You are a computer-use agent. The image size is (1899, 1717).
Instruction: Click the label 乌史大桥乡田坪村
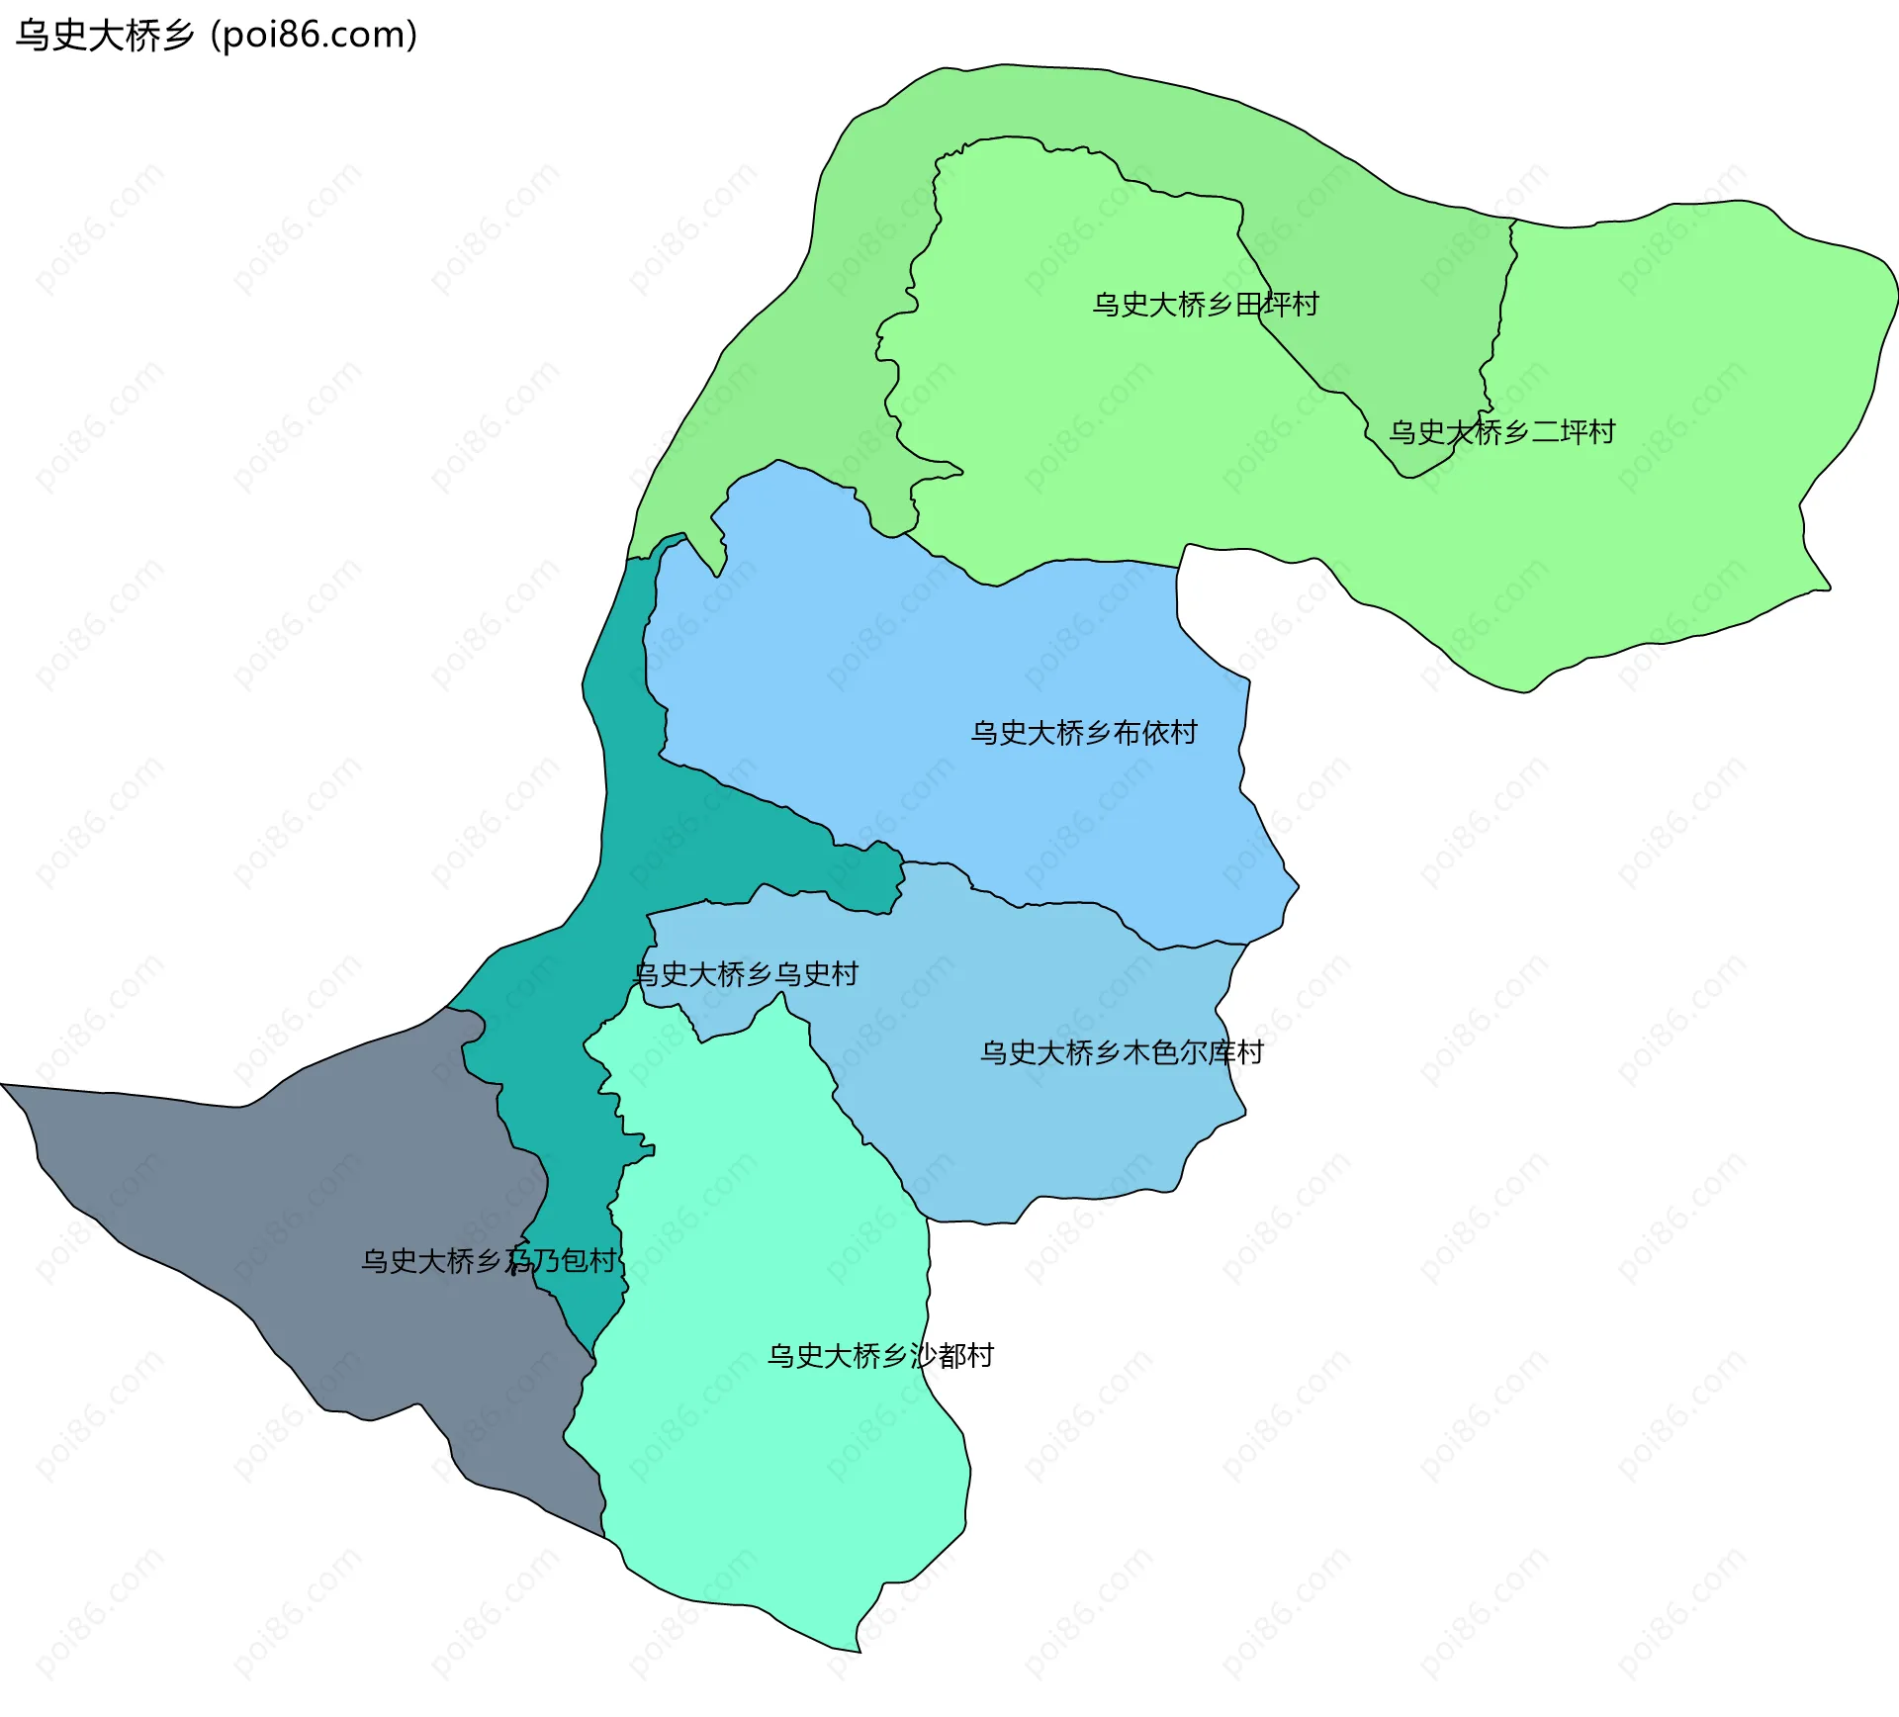pos(1205,305)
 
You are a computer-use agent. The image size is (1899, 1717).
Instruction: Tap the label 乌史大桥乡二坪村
pos(1501,432)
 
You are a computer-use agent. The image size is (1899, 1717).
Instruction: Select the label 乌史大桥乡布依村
pos(1084,733)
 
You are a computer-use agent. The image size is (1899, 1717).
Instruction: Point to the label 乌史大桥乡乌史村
pos(746,974)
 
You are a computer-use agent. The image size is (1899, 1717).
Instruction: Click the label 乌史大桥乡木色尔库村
pos(1122,1052)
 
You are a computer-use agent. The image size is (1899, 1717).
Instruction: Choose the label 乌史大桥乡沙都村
pos(880,1356)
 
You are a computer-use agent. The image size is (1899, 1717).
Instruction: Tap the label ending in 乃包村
pos(489,1261)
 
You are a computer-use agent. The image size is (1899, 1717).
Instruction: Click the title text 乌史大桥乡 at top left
pos(105,36)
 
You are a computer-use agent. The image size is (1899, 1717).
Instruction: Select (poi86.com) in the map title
pos(314,36)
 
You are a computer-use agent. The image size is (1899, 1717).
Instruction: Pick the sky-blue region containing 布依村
pos(940,673)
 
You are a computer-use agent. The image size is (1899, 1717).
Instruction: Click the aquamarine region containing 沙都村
pos(771,1464)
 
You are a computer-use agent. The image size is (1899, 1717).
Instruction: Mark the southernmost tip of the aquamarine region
pos(859,1651)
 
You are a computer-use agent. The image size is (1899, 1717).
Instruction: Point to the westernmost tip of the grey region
pos(3,1085)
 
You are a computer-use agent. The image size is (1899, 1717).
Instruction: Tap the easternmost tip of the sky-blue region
pos(1298,887)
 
